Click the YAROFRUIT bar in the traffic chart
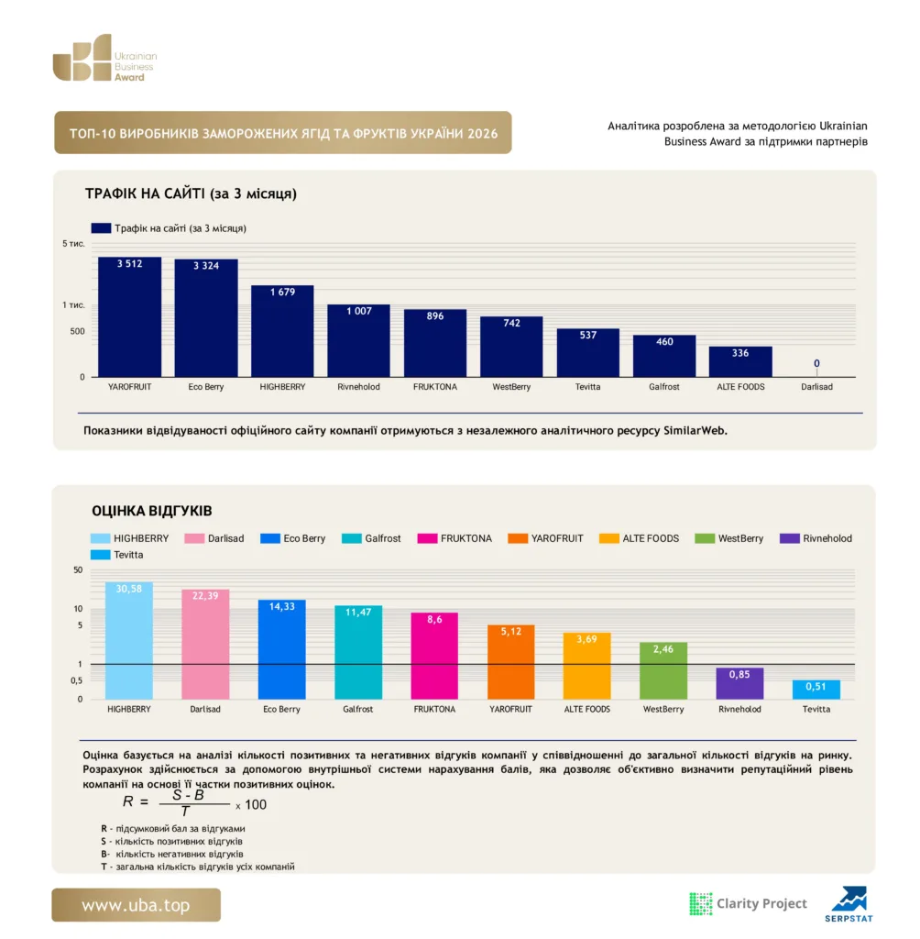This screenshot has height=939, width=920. (129, 316)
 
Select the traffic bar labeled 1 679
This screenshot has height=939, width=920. (282, 331)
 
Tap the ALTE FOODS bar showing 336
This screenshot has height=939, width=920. (740, 361)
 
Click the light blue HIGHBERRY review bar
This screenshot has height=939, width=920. (128, 640)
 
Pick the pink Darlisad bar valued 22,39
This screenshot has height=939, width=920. (205, 644)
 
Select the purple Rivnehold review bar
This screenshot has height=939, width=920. (739, 683)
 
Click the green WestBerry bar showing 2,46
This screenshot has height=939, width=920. (663, 670)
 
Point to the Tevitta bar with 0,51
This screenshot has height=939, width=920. (816, 690)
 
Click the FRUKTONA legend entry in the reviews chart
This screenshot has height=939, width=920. (455, 538)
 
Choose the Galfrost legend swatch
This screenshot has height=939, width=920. (351, 538)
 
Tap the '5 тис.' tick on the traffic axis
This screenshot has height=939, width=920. (73, 244)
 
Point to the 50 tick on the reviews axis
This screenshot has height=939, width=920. (78, 570)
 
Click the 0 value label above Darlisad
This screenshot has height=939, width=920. (816, 363)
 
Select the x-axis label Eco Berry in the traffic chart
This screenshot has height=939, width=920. (206, 387)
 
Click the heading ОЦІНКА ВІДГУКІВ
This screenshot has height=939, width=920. (152, 511)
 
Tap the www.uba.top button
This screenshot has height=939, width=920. (136, 905)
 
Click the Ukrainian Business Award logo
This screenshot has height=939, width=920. (104, 58)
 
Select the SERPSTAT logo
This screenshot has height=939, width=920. (849, 904)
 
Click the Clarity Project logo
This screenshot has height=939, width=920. (749, 903)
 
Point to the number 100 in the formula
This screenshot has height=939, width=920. (256, 805)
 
